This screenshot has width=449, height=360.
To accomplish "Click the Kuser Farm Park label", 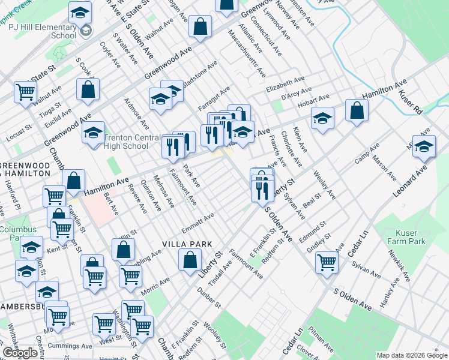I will pos(411,236).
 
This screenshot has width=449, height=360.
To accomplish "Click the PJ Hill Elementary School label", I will pos(55,31).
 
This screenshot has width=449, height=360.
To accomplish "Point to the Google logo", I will pos(20,353).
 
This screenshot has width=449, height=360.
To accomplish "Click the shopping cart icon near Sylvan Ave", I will pos(327,262).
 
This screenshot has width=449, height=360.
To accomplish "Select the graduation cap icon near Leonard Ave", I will pos(424,146).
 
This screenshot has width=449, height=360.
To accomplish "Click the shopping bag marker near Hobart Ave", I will pos(357,110).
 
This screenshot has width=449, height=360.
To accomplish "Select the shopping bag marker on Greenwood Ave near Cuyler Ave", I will pos(88,90).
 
